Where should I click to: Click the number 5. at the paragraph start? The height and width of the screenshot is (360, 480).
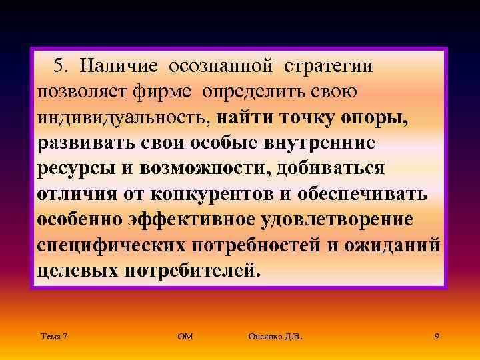61,66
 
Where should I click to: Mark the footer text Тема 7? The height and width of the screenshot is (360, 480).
53,337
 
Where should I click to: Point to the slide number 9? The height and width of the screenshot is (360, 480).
436,337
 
